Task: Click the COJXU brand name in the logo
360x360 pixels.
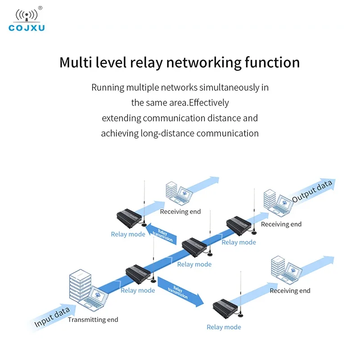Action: pyautogui.click(x=27, y=28)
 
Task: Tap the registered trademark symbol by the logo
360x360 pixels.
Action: pyautogui.click(x=40, y=8)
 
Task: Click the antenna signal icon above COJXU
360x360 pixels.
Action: pyautogui.click(x=27, y=15)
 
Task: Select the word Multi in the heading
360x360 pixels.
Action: pyautogui.click(x=76, y=63)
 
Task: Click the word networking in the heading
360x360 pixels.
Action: pyautogui.click(x=204, y=63)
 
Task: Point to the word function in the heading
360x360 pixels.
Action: pyautogui.click(x=272, y=63)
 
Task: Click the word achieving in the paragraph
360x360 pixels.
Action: pyautogui.click(x=119, y=134)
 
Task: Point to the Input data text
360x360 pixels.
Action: pyautogui.click(x=52, y=317)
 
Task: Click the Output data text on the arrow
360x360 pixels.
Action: pyautogui.click(x=312, y=191)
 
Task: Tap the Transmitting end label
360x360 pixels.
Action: pyautogui.click(x=93, y=319)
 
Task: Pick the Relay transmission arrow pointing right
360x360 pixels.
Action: pyautogui.click(x=180, y=292)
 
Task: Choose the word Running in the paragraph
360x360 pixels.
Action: pyautogui.click(x=108, y=88)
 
